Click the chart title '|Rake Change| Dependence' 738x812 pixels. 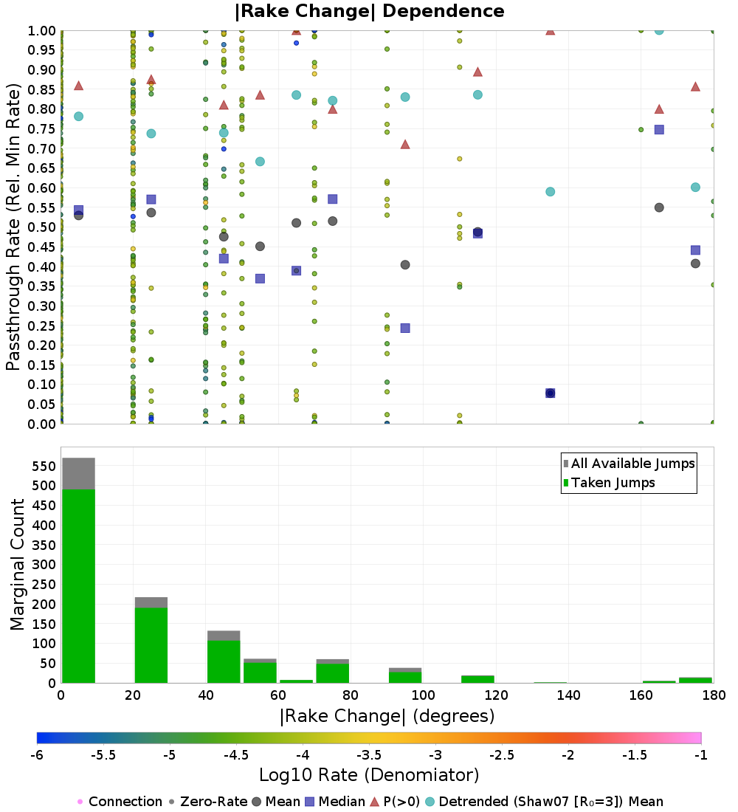tap(369, 11)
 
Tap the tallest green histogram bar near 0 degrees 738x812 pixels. tap(78, 585)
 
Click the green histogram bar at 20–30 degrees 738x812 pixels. tap(151, 644)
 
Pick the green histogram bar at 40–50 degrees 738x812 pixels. tap(223, 661)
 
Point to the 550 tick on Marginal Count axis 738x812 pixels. tap(44, 466)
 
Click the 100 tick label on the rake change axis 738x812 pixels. tap(424, 695)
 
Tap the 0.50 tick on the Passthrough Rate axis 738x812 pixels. tap(41, 227)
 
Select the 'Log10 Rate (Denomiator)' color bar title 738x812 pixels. tap(369, 775)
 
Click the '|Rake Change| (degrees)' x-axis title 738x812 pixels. tap(387, 716)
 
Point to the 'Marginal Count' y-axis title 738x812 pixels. tap(17, 565)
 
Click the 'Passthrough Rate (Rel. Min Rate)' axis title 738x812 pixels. tap(14, 227)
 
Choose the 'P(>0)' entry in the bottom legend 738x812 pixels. tap(395, 802)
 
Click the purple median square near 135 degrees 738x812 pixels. tap(551, 393)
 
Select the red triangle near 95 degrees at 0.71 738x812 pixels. tap(405, 144)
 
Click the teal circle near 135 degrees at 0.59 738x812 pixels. tap(551, 192)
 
